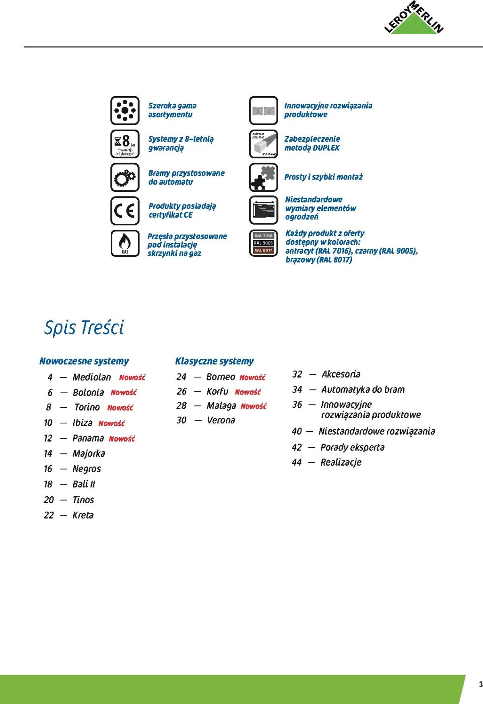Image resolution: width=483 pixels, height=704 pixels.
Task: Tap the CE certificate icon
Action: pyautogui.click(x=125, y=211)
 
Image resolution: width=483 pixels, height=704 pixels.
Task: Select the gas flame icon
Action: pyautogui.click(x=125, y=244)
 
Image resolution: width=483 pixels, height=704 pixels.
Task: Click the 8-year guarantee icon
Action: pyautogui.click(x=125, y=144)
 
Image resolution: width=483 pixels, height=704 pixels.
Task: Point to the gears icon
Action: pyautogui.click(x=125, y=177)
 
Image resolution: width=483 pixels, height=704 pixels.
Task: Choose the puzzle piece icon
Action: pyautogui.click(x=263, y=177)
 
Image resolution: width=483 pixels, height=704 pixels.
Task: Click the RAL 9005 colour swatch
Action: pyautogui.click(x=263, y=243)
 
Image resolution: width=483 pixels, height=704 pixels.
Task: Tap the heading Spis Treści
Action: pyautogui.click(x=84, y=328)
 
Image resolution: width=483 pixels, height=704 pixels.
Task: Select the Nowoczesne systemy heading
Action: pyautogui.click(x=84, y=361)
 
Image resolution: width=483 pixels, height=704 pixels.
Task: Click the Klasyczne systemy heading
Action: pyautogui.click(x=214, y=361)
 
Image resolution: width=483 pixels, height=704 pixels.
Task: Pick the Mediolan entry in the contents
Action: pyautogui.click(x=92, y=377)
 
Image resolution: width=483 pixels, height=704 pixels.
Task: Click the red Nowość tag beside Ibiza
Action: pyautogui.click(x=111, y=423)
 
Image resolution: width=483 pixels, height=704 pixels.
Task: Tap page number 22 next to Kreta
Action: pyautogui.click(x=49, y=515)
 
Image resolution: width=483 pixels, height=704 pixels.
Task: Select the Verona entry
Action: pyautogui.click(x=221, y=420)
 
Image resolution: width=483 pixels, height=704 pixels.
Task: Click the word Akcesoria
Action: pyautogui.click(x=341, y=374)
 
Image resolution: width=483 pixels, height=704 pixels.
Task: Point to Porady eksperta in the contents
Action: pyautogui.click(x=352, y=447)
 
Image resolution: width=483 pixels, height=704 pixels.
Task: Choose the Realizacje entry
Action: pyautogui.click(x=341, y=462)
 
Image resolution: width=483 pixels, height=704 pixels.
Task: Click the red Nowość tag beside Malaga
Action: pyautogui.click(x=254, y=406)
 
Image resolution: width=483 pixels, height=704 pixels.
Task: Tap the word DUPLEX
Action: pyautogui.click(x=326, y=148)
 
